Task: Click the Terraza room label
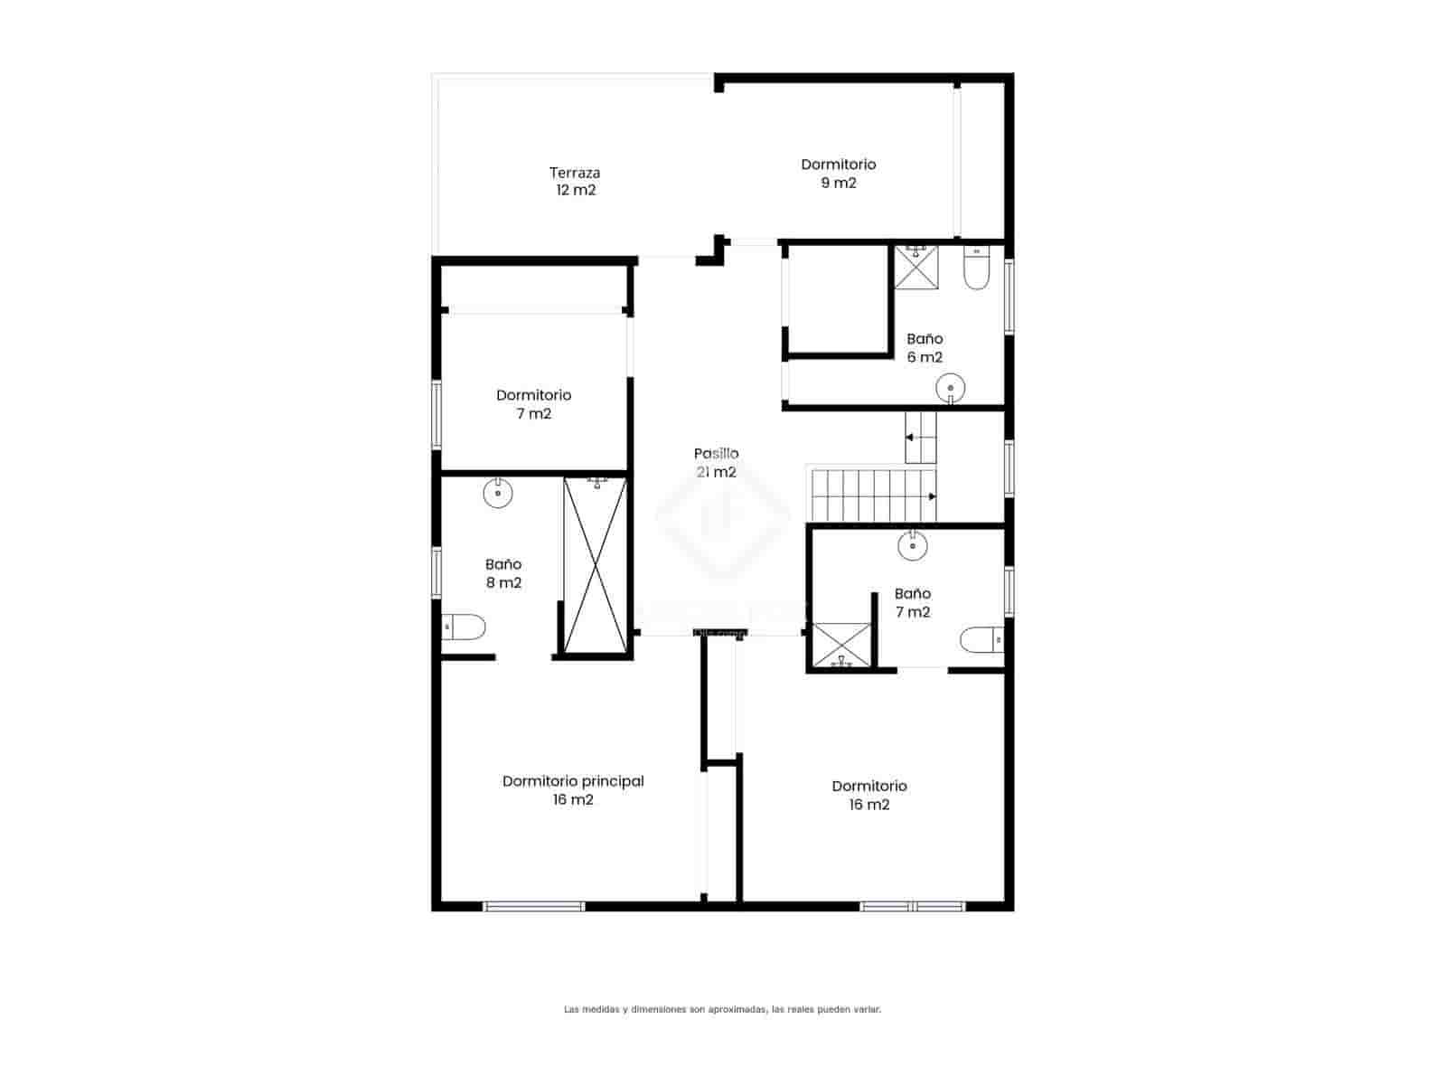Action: point(575,181)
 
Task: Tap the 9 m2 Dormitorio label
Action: point(838,174)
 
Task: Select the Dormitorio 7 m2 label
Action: point(533,404)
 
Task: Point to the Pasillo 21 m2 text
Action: point(716,463)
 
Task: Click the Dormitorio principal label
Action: point(573,790)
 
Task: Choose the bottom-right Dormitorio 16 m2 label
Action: point(869,795)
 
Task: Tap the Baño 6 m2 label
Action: point(925,348)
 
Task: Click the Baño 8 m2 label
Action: point(503,573)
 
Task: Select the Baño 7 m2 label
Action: point(912,603)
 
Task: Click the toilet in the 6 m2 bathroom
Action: point(977,269)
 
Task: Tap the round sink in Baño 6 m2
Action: point(951,389)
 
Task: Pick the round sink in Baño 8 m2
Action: point(498,493)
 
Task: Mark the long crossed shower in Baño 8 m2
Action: point(595,563)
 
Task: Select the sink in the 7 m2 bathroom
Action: point(913,544)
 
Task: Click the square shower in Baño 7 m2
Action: point(841,646)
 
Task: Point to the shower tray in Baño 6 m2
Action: point(916,267)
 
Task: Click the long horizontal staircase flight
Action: point(871,495)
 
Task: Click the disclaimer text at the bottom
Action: point(722,1009)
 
